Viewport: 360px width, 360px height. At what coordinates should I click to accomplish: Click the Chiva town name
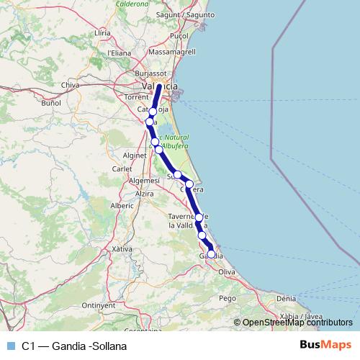[x=71, y=85]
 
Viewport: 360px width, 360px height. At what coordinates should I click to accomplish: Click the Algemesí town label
[x=145, y=180]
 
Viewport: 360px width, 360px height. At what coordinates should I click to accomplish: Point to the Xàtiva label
[x=122, y=248]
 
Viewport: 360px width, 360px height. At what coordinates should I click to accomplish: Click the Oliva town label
[x=228, y=271]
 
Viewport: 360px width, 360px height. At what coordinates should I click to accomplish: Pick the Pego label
[x=228, y=297]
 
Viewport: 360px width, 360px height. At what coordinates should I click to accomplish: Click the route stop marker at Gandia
[x=211, y=253]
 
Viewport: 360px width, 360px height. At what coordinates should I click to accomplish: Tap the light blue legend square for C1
[x=10, y=346]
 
